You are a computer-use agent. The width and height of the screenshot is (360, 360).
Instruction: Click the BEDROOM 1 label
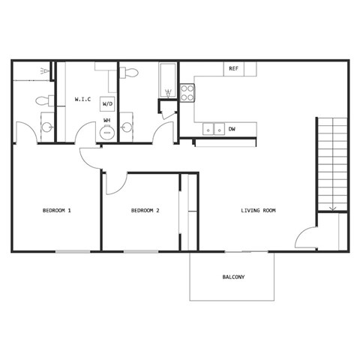tap(56, 211)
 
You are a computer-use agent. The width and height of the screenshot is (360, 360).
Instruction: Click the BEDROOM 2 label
tap(145, 211)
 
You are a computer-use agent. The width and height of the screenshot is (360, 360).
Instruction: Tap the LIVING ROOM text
tap(258, 211)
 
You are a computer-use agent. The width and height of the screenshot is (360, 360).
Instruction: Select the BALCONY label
tap(233, 277)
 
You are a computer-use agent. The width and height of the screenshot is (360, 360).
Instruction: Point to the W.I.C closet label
tap(82, 99)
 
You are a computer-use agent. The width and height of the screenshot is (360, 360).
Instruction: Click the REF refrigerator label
tap(233, 69)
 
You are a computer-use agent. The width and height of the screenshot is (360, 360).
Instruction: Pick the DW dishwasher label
tap(232, 129)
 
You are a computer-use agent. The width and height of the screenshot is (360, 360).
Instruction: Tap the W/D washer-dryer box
tap(108, 105)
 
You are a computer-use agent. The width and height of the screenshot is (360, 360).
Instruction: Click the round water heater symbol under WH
tap(107, 133)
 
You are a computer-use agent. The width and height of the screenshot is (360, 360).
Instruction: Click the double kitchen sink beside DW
tap(214, 129)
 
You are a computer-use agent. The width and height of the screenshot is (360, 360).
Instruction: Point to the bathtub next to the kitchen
tap(167, 81)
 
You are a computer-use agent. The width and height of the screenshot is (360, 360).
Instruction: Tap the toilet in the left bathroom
tap(44, 100)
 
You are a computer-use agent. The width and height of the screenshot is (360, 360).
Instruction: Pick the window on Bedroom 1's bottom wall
tap(72, 251)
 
